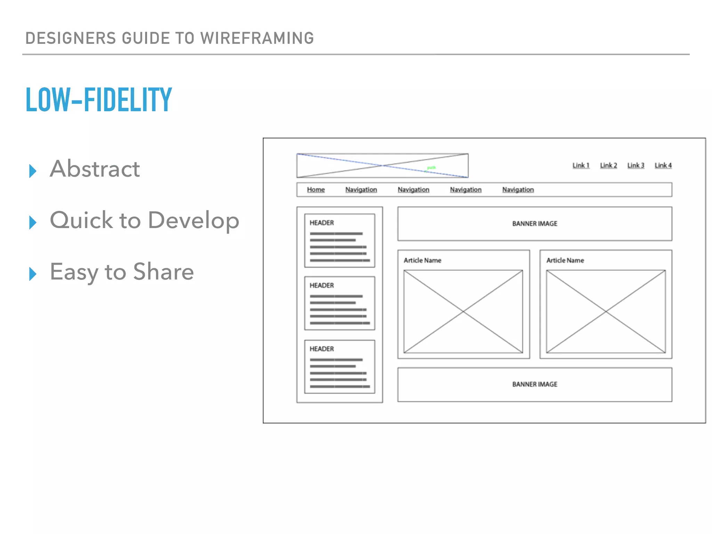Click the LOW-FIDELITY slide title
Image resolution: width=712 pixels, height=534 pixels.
pyautogui.click(x=99, y=99)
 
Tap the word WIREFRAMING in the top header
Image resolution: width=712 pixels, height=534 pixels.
pyautogui.click(x=257, y=38)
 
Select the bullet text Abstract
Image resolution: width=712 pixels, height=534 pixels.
pyautogui.click(x=95, y=169)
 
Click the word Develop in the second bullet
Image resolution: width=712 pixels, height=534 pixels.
pyautogui.click(x=194, y=220)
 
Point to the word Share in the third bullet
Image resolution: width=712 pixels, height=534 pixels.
pyautogui.click(x=163, y=272)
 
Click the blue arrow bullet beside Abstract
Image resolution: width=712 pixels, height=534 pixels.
pyautogui.click(x=33, y=171)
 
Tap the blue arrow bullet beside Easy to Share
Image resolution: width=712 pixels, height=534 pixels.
pyautogui.click(x=33, y=274)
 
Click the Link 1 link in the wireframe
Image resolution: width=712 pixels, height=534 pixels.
pyautogui.click(x=581, y=165)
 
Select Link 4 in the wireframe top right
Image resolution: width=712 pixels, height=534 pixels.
pyautogui.click(x=663, y=165)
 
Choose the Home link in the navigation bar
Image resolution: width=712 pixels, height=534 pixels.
pyautogui.click(x=316, y=189)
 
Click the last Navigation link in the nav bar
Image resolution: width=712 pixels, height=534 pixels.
pyautogui.click(x=518, y=189)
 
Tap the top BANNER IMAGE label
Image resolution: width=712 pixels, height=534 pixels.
pyautogui.click(x=535, y=224)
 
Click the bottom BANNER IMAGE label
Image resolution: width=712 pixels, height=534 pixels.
pyautogui.click(x=535, y=384)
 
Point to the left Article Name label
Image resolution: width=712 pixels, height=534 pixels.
pyautogui.click(x=422, y=260)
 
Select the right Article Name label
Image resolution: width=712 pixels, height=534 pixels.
pyautogui.click(x=565, y=260)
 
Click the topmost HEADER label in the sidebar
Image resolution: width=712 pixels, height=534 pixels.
pyautogui.click(x=322, y=223)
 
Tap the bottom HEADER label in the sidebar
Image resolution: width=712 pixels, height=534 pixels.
pyautogui.click(x=322, y=349)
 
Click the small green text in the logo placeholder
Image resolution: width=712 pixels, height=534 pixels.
pyautogui.click(x=431, y=168)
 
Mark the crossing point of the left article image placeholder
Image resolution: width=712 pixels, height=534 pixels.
pyautogui.click(x=463, y=311)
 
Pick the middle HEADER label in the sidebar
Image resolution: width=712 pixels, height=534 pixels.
pyautogui.click(x=322, y=285)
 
